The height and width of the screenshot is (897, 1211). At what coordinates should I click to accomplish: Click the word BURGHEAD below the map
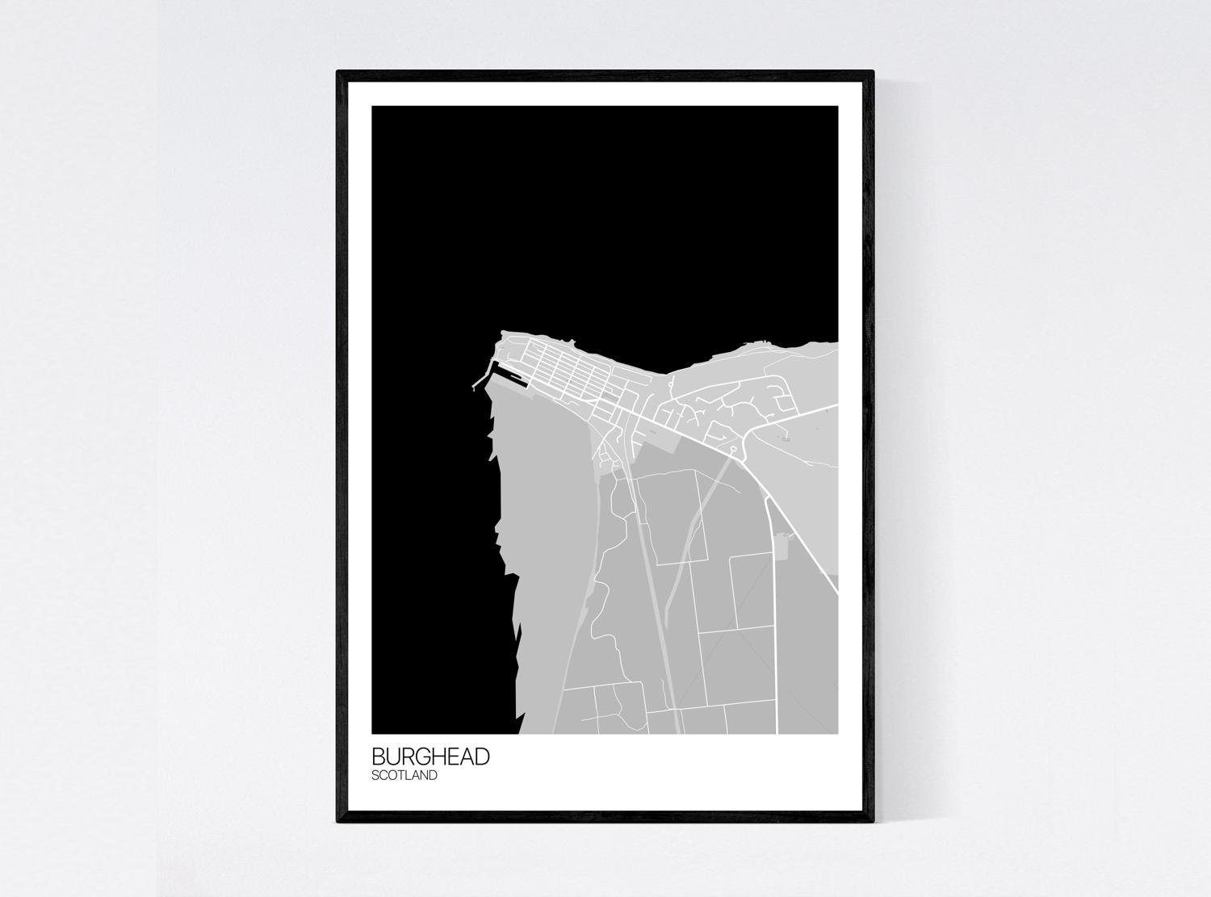[x=430, y=757]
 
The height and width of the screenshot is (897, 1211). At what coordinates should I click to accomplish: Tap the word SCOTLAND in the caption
[x=404, y=776]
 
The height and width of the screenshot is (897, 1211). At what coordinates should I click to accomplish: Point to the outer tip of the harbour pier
[x=474, y=389]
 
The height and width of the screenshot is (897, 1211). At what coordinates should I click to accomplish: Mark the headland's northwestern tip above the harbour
[x=502, y=332]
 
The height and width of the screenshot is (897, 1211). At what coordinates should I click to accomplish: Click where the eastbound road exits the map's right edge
[x=836, y=406]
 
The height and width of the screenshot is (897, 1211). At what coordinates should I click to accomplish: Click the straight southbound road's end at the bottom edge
[x=777, y=732]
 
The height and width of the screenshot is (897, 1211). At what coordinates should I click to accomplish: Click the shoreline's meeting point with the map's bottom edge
[x=519, y=733]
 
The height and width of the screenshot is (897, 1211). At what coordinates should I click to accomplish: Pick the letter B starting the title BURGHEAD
[x=379, y=757]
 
